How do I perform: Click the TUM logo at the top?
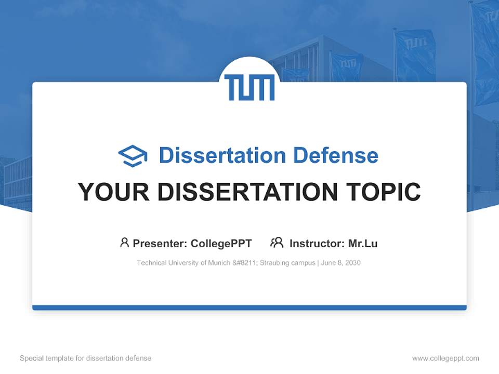click(249, 87)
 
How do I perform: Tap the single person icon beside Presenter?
click(124, 243)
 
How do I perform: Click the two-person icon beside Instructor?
click(277, 243)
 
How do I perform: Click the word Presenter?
click(160, 243)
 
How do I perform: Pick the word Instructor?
click(317, 243)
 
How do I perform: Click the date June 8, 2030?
click(341, 263)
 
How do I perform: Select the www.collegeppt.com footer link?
click(445, 358)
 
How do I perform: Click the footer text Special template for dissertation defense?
click(86, 358)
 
